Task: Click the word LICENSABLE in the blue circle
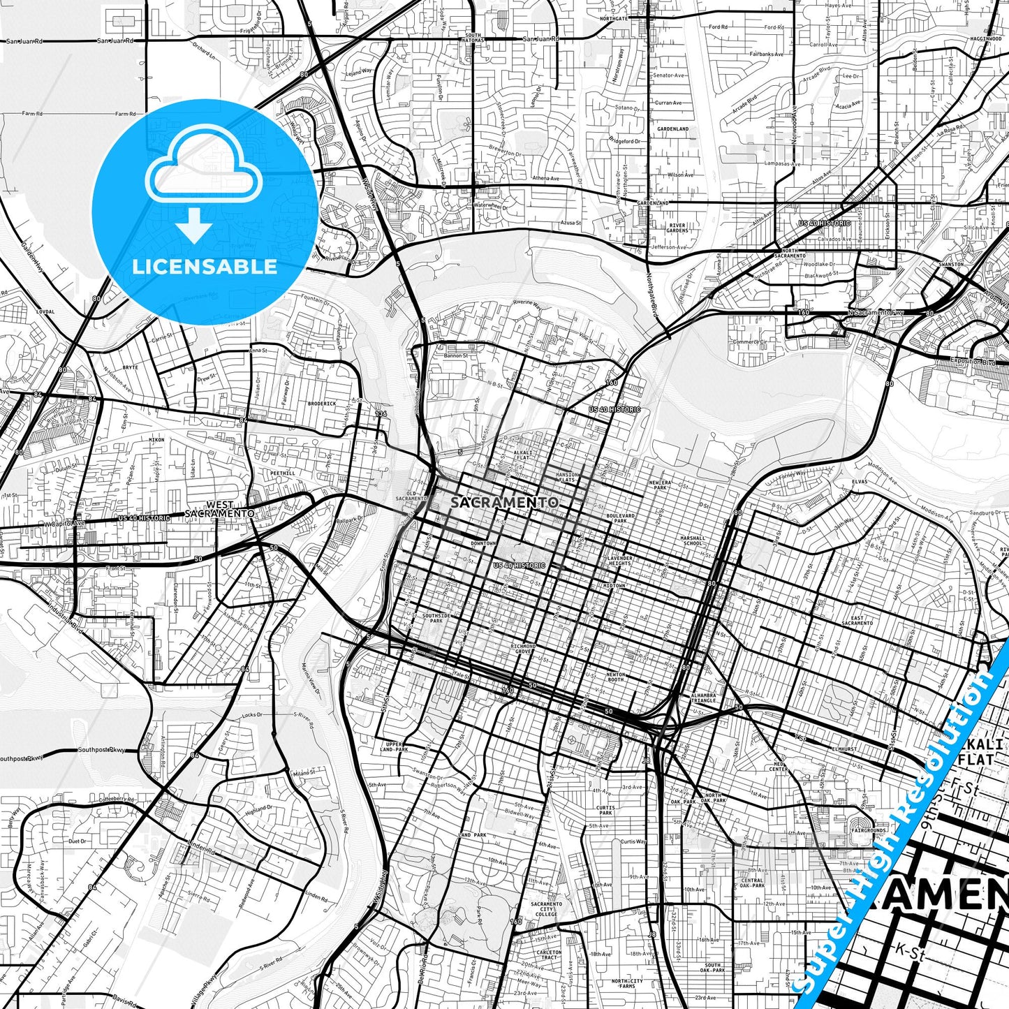(205, 266)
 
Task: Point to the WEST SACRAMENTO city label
(219, 508)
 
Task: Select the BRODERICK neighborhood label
(322, 403)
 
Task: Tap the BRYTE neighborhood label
(131, 367)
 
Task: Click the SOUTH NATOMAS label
(473, 38)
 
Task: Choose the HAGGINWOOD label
(985, 39)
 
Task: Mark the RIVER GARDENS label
(677, 228)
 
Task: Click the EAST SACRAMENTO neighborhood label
(857, 620)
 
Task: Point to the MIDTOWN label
(614, 585)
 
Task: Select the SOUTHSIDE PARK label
(436, 618)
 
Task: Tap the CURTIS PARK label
(605, 810)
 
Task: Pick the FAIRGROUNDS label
(869, 830)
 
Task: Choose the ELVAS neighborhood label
(859, 481)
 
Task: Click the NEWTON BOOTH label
(616, 677)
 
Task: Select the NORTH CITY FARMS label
(626, 984)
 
